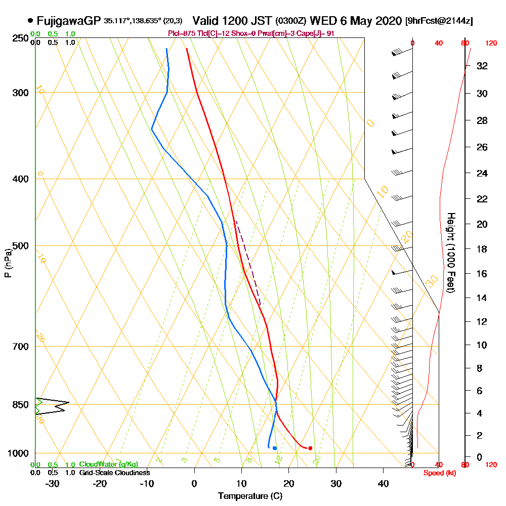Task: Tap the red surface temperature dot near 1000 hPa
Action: click(310, 448)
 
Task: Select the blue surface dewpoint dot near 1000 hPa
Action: click(274, 448)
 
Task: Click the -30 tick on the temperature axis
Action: click(52, 483)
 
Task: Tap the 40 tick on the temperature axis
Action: click(384, 483)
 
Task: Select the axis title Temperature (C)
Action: click(250, 496)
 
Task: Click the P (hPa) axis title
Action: click(8, 263)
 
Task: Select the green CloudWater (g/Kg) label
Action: click(108, 465)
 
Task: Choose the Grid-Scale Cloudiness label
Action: click(114, 473)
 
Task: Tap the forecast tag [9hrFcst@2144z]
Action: click(439, 21)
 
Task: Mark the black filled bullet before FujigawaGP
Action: click(31, 21)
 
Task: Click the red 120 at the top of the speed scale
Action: click(490, 44)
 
